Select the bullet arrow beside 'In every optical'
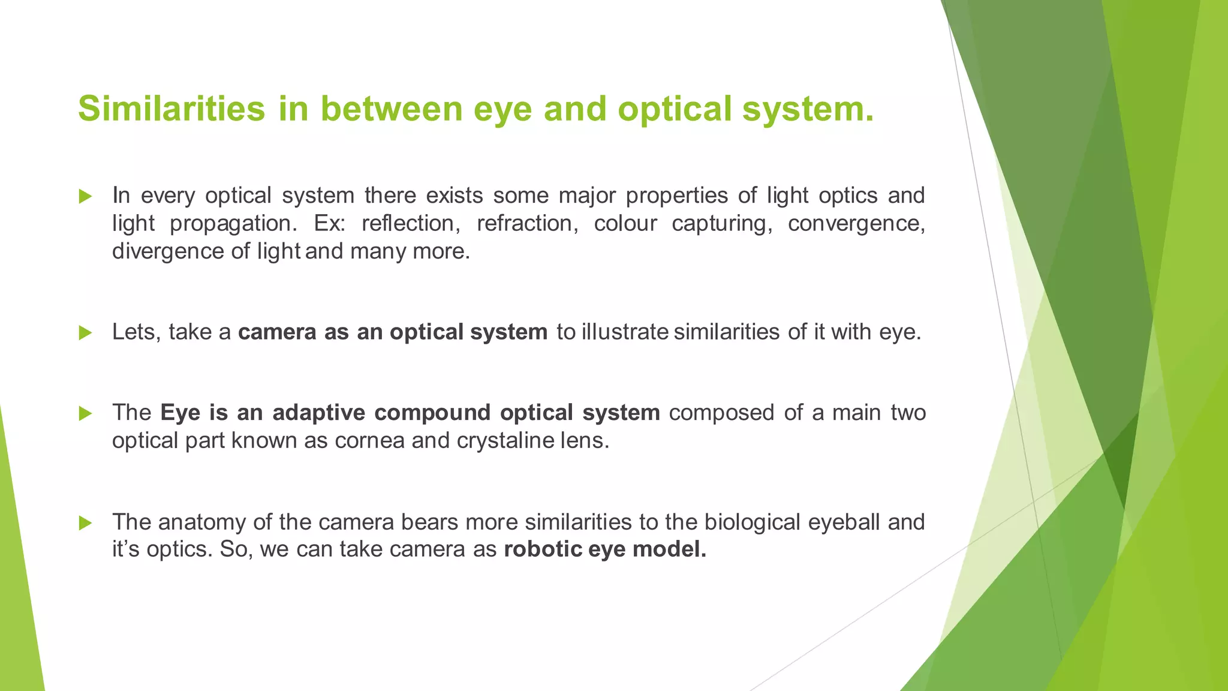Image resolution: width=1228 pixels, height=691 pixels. pos(85,196)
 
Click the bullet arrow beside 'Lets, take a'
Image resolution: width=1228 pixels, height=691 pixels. pos(85,333)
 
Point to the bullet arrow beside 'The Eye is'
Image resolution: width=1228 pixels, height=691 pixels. pos(85,413)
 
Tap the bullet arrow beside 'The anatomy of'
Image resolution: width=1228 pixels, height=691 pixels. pos(85,523)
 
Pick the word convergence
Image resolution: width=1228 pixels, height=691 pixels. pos(856,223)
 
